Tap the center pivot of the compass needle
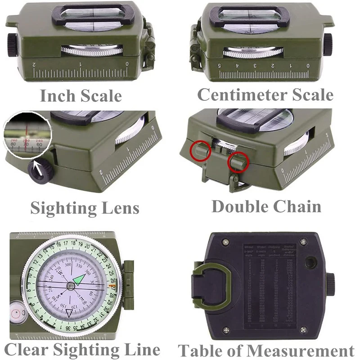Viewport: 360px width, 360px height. pos(71,286)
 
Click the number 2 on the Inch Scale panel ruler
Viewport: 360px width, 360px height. pos(35,65)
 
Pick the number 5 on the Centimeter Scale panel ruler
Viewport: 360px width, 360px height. pos(220,66)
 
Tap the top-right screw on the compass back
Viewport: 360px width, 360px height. pos(303,242)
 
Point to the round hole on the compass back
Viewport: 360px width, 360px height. pos(310,262)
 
